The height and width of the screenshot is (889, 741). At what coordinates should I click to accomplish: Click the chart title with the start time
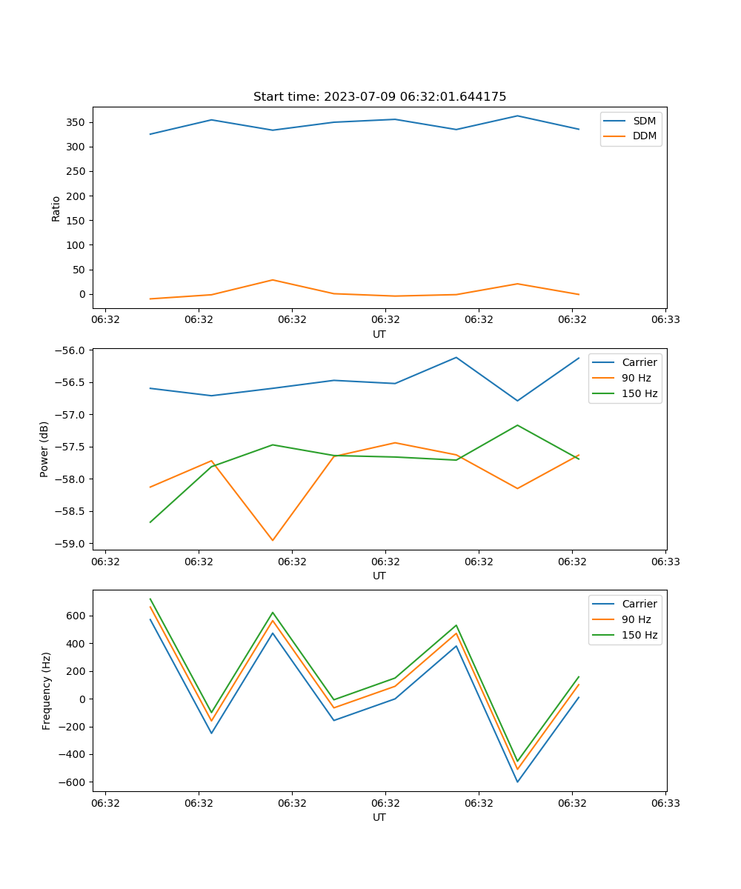[x=379, y=97]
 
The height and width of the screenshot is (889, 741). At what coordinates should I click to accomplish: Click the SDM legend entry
[x=643, y=121]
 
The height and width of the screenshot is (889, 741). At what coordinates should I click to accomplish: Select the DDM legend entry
[x=643, y=136]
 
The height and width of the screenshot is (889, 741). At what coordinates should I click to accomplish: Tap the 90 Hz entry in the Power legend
[x=636, y=378]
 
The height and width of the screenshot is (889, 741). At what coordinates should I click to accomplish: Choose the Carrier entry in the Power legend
[x=639, y=362]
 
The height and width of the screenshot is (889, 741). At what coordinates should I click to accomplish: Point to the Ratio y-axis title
[x=56, y=208]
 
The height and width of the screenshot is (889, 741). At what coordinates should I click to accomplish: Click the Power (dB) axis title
[x=44, y=449]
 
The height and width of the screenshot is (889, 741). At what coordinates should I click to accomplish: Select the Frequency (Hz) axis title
[x=47, y=690]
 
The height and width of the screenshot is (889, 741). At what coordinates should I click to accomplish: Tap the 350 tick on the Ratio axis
[x=76, y=122]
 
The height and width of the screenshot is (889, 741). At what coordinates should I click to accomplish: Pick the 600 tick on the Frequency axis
[x=76, y=616]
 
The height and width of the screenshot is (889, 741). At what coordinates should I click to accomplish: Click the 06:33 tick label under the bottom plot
[x=665, y=802]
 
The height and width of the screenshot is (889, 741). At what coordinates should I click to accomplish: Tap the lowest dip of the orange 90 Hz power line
[x=273, y=540]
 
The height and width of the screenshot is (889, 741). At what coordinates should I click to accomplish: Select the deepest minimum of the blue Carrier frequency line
[x=517, y=782]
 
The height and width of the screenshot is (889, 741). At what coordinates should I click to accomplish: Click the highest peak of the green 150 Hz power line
[x=517, y=425]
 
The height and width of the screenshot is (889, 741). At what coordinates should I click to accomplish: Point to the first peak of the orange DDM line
[x=273, y=280]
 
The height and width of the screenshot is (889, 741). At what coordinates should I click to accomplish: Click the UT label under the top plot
[x=379, y=334]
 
